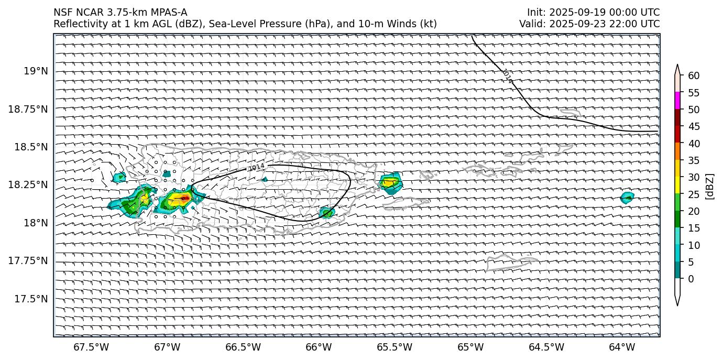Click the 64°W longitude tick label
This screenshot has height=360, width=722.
tap(622, 347)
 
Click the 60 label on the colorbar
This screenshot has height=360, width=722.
tap(693, 75)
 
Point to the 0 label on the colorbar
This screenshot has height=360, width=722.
tap(691, 279)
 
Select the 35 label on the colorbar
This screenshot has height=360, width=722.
tap(693, 160)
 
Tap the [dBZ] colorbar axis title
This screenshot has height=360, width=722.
tap(710, 186)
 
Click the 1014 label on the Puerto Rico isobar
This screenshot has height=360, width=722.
tap(256, 167)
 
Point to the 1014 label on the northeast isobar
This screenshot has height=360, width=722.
tap(507, 77)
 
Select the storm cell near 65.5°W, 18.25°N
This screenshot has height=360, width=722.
tap(389, 182)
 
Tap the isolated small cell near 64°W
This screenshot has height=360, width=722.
tap(627, 198)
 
